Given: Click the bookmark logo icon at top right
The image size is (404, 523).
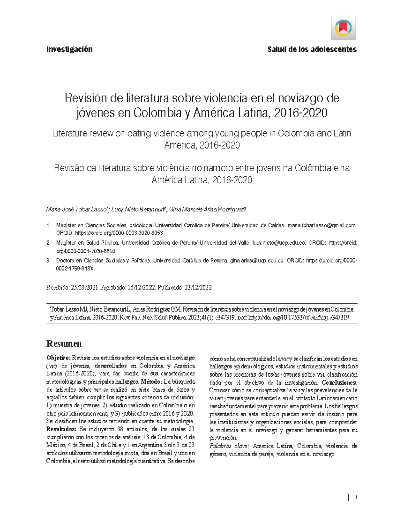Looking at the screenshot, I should [x=343, y=28].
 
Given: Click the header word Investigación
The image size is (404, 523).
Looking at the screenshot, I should [x=69, y=50].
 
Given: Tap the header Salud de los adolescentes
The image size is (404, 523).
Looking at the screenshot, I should [x=312, y=50].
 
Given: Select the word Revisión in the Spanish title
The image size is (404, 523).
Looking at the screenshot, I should [x=86, y=98].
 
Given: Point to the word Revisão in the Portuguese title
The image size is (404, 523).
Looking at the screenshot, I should [x=69, y=168].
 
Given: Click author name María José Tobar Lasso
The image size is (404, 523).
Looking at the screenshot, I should [x=76, y=210].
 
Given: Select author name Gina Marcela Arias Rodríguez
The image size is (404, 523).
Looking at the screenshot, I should [x=207, y=210].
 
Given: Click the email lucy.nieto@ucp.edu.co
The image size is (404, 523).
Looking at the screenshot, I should [x=279, y=243].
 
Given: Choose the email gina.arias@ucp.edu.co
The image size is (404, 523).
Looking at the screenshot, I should [x=257, y=260].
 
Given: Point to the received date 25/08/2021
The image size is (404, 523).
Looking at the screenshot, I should [x=85, y=287].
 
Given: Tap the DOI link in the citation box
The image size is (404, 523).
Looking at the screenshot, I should [x=298, y=317].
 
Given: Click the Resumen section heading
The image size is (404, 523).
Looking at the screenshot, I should [x=64, y=344].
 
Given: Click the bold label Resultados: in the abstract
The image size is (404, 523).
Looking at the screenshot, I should [x=62, y=429].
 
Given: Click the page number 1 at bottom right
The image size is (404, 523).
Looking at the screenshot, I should [x=356, y=497].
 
